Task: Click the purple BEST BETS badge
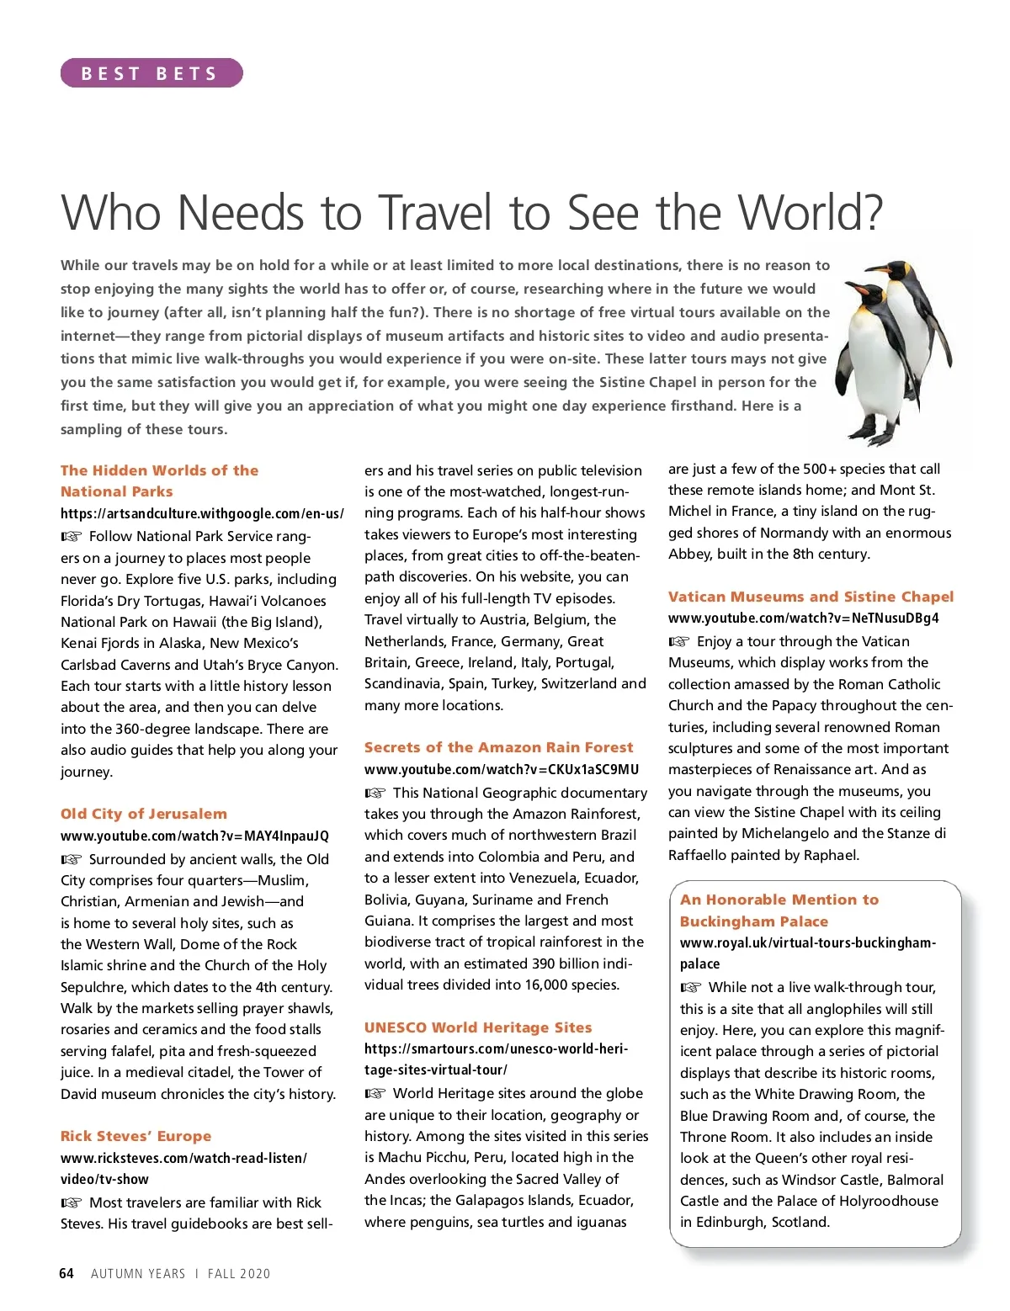[x=151, y=73]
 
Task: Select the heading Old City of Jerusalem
[x=144, y=814]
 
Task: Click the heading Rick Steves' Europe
[x=136, y=1136]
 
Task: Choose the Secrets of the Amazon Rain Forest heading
[x=498, y=747]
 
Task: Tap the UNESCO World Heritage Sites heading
[x=478, y=1027]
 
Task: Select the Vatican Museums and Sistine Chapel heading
[x=811, y=597]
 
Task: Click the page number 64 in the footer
[x=66, y=1273]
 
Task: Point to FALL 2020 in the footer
[x=239, y=1274]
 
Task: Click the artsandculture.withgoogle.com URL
[x=202, y=513]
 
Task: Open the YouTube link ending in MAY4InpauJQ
[x=194, y=836]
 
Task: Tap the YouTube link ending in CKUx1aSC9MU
[x=501, y=769]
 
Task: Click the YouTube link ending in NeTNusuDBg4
[x=803, y=618]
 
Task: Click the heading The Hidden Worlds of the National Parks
[x=159, y=480]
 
